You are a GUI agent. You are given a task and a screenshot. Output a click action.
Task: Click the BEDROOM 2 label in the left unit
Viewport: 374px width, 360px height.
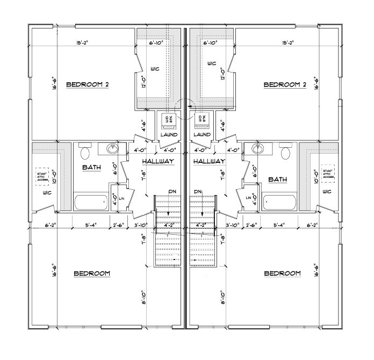pyautogui.click(x=87, y=84)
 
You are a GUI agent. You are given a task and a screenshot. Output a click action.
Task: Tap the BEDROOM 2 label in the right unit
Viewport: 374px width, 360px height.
pyautogui.click(x=285, y=84)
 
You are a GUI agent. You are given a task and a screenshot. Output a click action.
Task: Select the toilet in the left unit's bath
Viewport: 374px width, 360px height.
pyautogui.click(x=84, y=154)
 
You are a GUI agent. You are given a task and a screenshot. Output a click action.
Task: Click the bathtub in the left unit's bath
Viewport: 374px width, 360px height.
pyautogui.click(x=91, y=203)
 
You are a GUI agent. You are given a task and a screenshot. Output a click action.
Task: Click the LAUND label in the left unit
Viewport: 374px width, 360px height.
pyautogui.click(x=169, y=135)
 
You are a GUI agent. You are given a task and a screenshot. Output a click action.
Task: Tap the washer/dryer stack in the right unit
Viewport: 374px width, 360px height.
pyautogui.click(x=202, y=118)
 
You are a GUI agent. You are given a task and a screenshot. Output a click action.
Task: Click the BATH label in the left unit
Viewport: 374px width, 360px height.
pyautogui.click(x=91, y=168)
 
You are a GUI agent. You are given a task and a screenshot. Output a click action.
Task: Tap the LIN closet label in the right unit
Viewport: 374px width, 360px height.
pyautogui.click(x=248, y=198)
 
